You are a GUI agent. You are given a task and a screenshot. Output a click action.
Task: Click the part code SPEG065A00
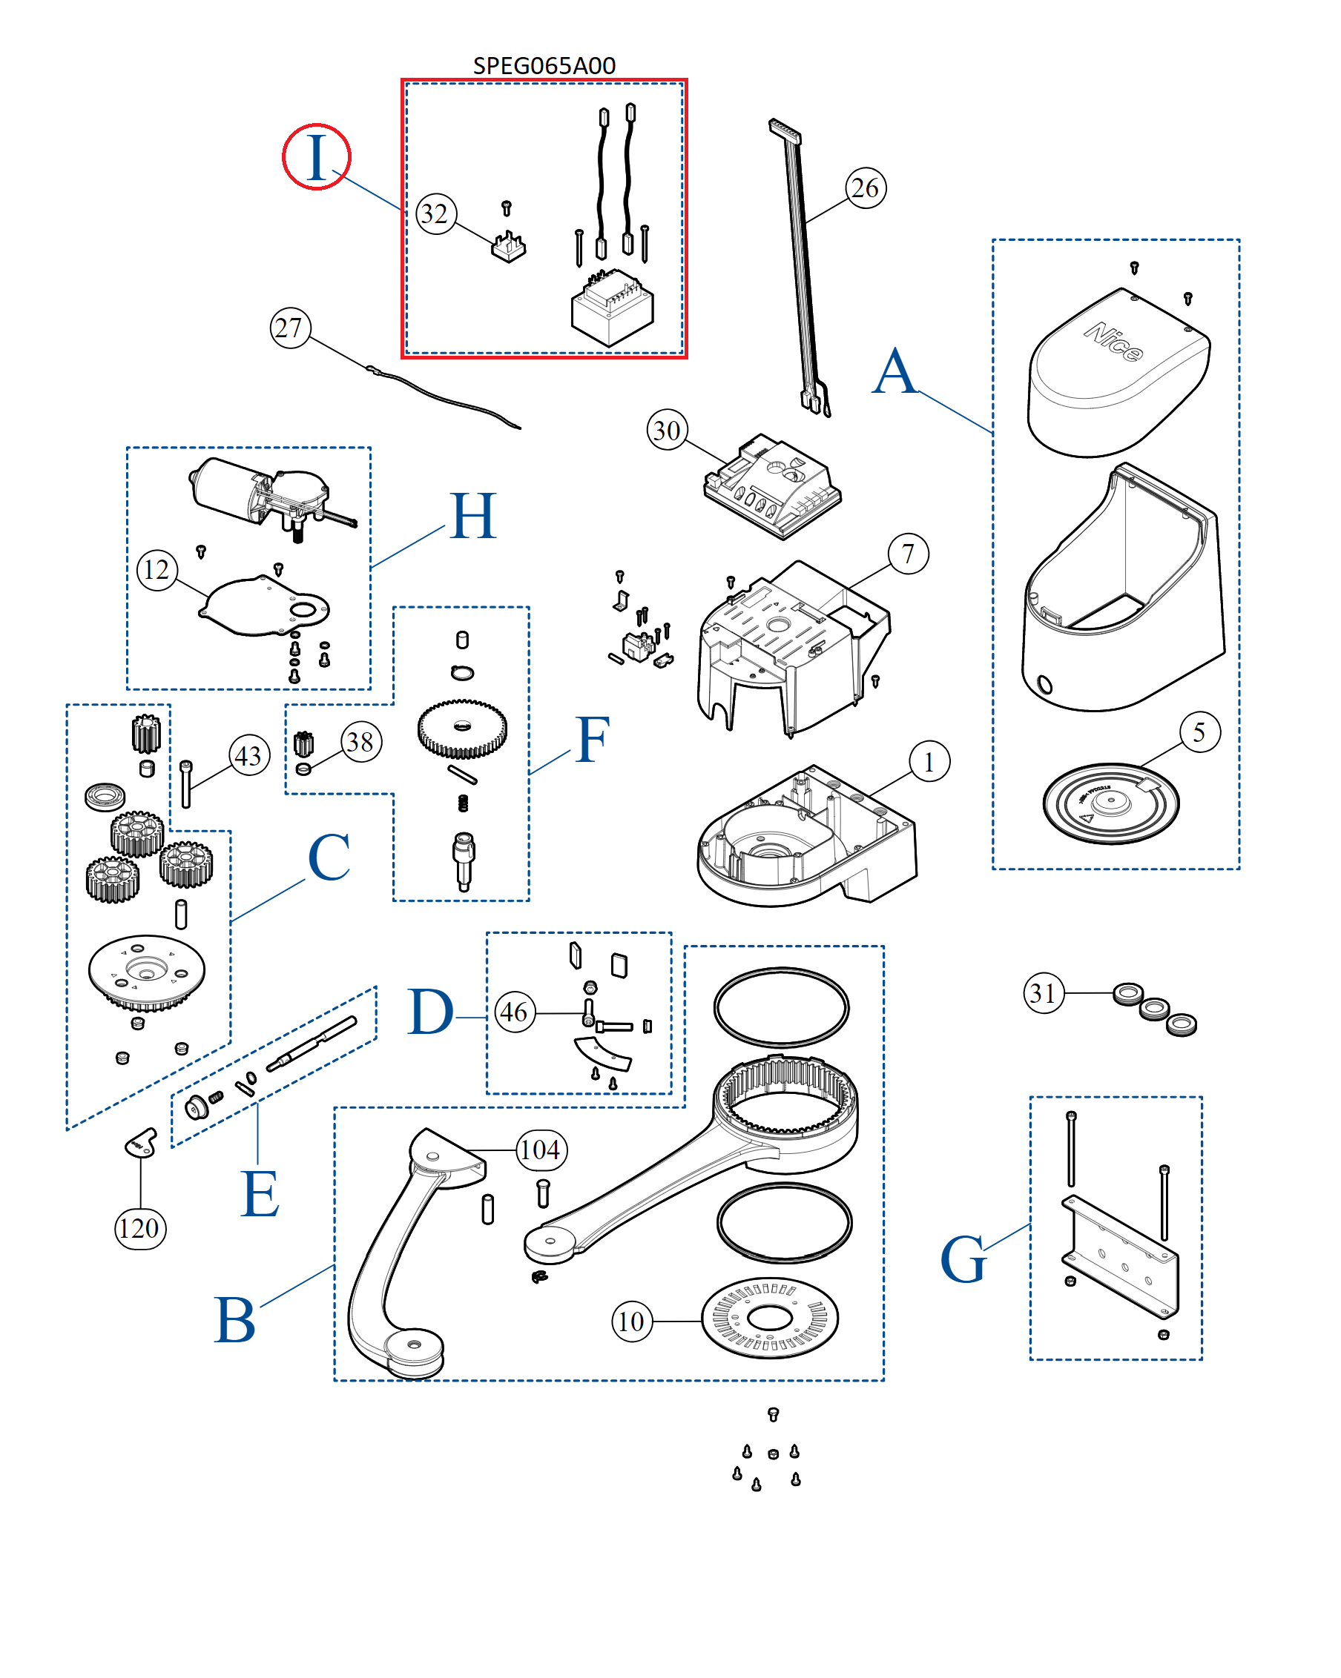pyautogui.click(x=544, y=65)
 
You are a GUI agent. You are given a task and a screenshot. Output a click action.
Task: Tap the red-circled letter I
pyautogui.click(x=316, y=156)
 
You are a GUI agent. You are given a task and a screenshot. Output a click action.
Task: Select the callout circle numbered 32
pyautogui.click(x=436, y=214)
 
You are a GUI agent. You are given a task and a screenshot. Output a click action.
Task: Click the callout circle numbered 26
pyautogui.click(x=865, y=188)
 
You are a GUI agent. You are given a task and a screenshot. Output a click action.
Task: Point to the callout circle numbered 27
pyautogui.click(x=290, y=328)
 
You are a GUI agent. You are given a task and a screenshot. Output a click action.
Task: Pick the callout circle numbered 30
pyautogui.click(x=668, y=430)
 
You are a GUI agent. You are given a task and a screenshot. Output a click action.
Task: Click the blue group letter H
pyautogui.click(x=472, y=516)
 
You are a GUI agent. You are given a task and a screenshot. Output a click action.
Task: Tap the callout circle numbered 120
pyautogui.click(x=140, y=1228)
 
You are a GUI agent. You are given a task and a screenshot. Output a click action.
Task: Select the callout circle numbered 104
pyautogui.click(x=541, y=1150)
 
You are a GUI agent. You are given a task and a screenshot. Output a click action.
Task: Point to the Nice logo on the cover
pyautogui.click(x=1113, y=342)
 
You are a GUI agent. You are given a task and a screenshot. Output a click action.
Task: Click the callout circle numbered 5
pyautogui.click(x=1199, y=732)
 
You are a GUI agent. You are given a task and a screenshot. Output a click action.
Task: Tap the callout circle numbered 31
pyautogui.click(x=1044, y=993)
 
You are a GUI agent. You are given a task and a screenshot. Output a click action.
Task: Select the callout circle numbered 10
pyautogui.click(x=632, y=1321)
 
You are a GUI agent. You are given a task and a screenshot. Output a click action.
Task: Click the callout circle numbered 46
pyautogui.click(x=515, y=1012)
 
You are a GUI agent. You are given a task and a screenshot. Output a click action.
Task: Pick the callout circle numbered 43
pyautogui.click(x=249, y=756)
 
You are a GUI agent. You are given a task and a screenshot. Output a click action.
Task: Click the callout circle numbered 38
pyautogui.click(x=360, y=742)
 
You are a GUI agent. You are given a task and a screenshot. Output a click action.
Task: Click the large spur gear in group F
pyautogui.click(x=462, y=729)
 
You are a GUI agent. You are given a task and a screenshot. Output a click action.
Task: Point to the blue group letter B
pyautogui.click(x=234, y=1321)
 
